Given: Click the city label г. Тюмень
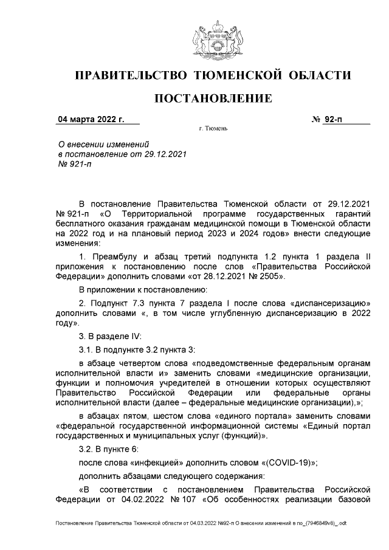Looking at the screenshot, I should (213, 129).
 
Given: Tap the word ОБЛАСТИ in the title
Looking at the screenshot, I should (320, 75).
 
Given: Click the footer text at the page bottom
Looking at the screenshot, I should (201, 523).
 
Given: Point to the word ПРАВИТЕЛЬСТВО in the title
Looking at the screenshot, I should (129, 75).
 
